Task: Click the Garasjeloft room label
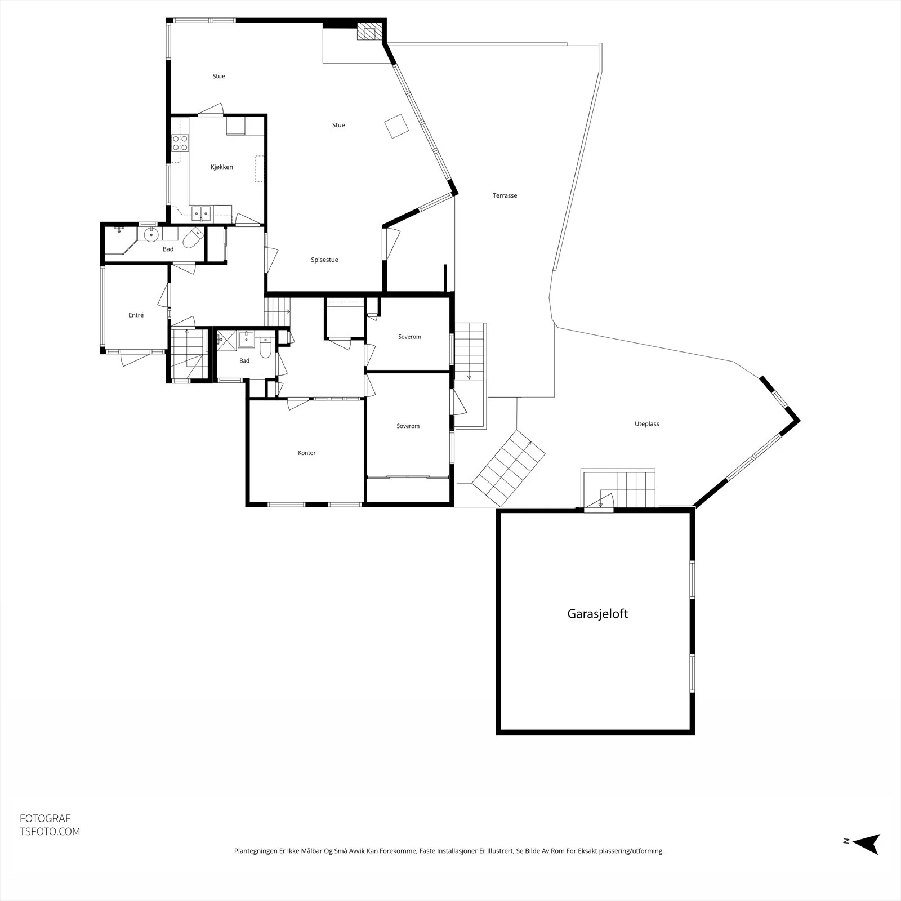click(x=597, y=614)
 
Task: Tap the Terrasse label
click(x=505, y=195)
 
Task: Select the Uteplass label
click(x=646, y=424)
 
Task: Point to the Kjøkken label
click(x=222, y=167)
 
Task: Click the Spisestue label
click(x=324, y=260)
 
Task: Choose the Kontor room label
click(x=307, y=453)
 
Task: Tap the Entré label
click(x=136, y=315)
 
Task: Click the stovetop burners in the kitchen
click(x=180, y=143)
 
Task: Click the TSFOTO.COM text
click(x=50, y=831)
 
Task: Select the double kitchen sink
click(x=201, y=212)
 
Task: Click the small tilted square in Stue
click(x=396, y=126)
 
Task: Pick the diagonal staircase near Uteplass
click(x=509, y=468)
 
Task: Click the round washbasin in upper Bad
click(x=151, y=234)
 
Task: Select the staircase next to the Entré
click(x=189, y=355)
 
